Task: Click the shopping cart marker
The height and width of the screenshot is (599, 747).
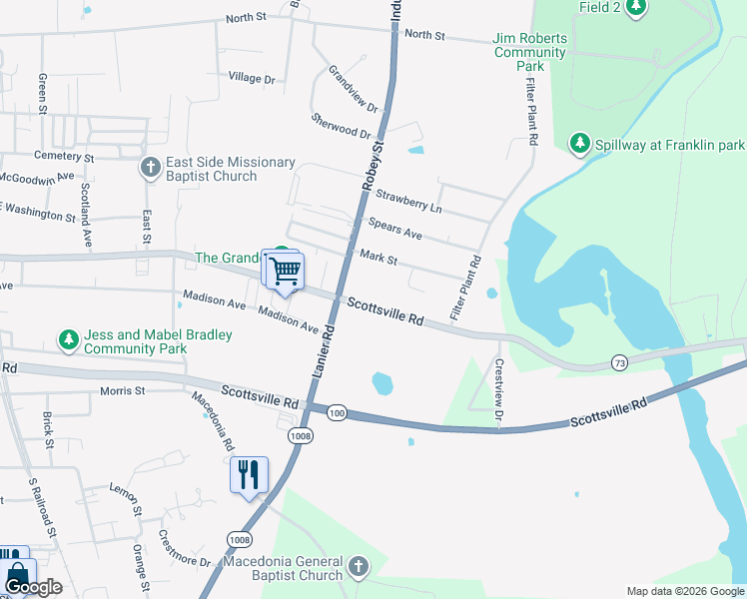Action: [x=286, y=271]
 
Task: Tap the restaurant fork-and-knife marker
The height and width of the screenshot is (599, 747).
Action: [x=249, y=475]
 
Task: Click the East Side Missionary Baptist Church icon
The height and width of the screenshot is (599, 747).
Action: [x=151, y=167]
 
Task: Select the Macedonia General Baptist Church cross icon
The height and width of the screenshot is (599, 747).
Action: [x=359, y=568]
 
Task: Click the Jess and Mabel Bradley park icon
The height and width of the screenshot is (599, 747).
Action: [x=69, y=341]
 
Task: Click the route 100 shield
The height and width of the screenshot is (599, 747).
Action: [x=336, y=413]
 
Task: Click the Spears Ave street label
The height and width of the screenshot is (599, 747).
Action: [x=394, y=230]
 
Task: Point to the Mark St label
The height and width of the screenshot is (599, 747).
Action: [x=378, y=259]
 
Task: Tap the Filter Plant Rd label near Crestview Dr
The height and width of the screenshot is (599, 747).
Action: [x=466, y=288]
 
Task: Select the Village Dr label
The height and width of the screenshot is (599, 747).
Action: [x=251, y=77]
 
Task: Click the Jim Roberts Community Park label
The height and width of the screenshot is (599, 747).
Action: [x=530, y=52]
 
